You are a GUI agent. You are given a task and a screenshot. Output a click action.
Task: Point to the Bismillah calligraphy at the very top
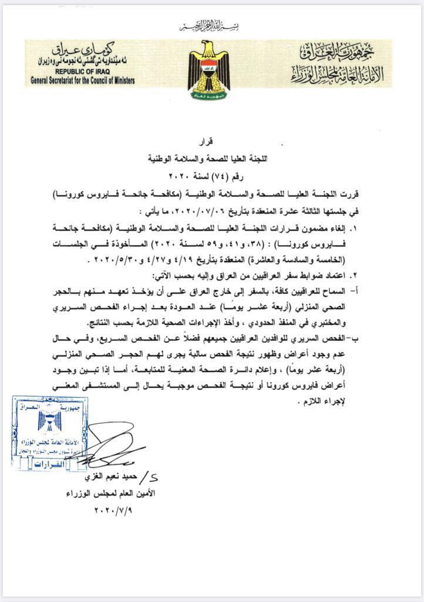(211, 26)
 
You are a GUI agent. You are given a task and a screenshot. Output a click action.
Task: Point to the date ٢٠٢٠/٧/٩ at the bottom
(115, 511)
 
